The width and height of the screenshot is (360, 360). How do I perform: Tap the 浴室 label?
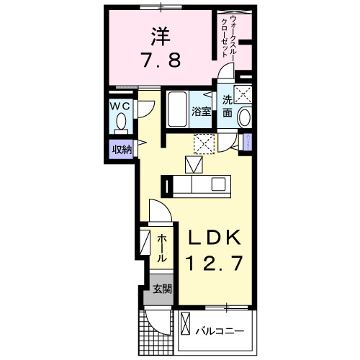[201, 112]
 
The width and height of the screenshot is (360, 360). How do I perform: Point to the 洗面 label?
[227, 107]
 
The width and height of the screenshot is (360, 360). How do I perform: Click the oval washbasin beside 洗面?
[245, 118]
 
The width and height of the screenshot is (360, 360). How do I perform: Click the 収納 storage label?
[121, 150]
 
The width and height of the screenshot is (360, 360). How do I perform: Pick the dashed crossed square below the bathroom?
[204, 143]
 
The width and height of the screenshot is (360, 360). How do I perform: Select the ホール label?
[162, 247]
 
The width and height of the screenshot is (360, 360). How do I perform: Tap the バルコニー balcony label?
[220, 332]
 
